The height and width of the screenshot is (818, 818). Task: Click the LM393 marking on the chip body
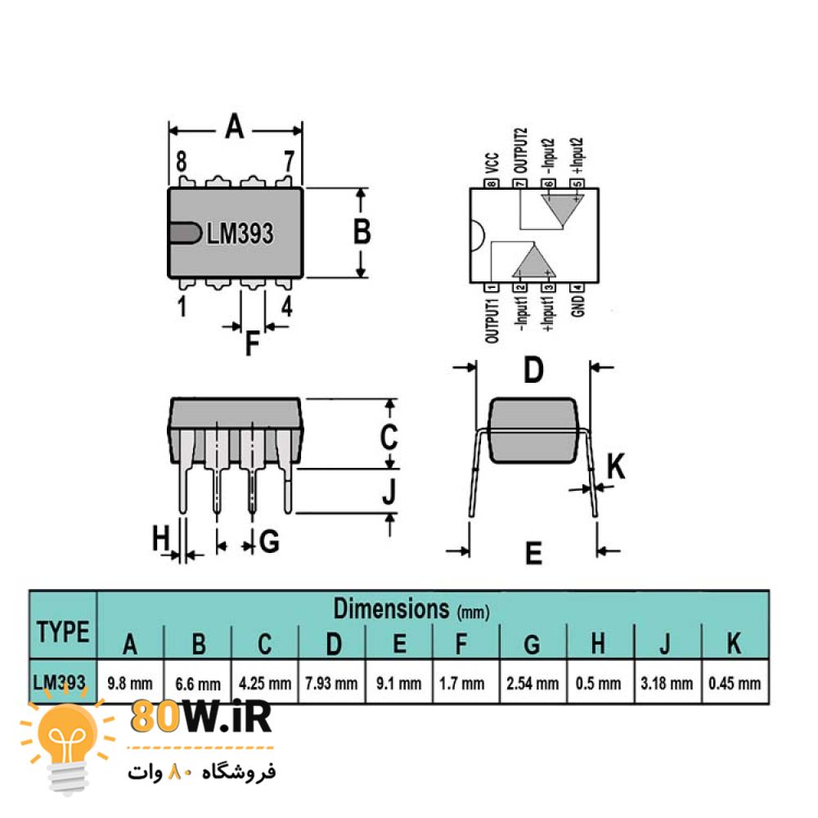click(240, 233)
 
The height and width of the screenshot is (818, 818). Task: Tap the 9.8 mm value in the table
click(130, 683)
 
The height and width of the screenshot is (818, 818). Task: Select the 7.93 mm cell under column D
click(331, 683)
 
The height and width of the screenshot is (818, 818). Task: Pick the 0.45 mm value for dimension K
click(735, 683)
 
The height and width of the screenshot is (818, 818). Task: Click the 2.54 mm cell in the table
click(533, 683)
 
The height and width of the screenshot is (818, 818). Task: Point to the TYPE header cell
click(63, 631)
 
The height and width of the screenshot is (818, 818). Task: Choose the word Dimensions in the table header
click(391, 609)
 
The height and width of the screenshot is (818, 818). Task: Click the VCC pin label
click(492, 164)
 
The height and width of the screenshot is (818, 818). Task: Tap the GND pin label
click(578, 306)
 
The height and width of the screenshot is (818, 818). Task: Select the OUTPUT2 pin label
click(520, 151)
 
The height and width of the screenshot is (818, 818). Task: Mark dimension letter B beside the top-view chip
click(362, 231)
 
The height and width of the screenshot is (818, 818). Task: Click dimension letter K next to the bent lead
click(616, 466)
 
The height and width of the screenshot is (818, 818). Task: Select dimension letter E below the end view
click(533, 553)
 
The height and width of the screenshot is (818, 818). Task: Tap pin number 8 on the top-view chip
click(181, 162)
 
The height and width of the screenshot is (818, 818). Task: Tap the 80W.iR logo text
click(201, 717)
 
